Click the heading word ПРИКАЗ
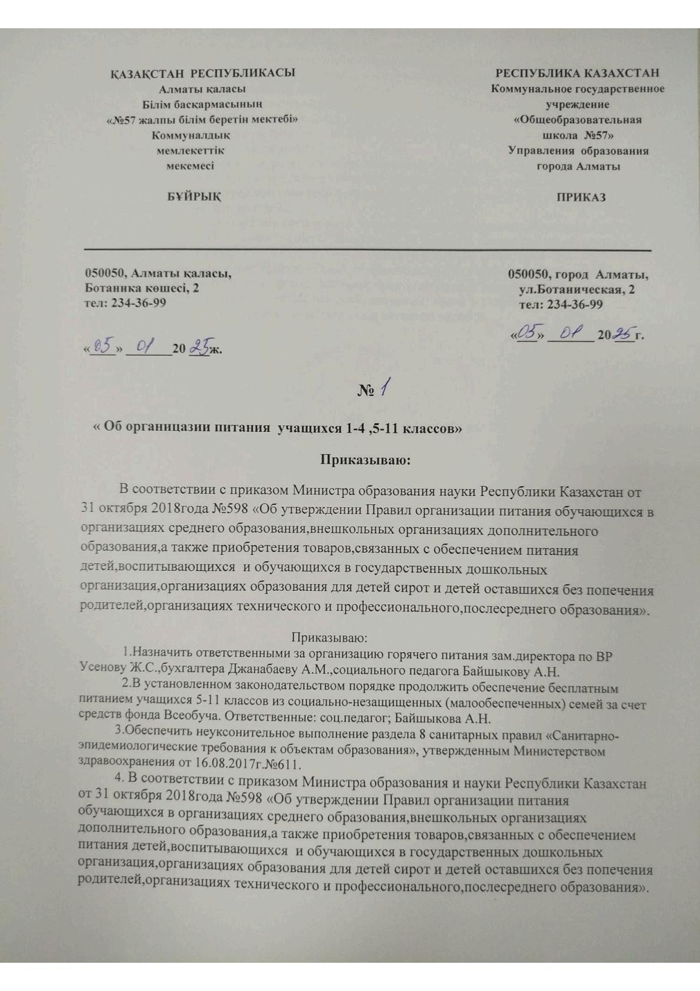tap(581, 197)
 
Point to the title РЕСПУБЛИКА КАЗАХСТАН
tap(578, 74)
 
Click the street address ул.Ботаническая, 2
tap(576, 290)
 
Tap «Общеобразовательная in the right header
tap(578, 119)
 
